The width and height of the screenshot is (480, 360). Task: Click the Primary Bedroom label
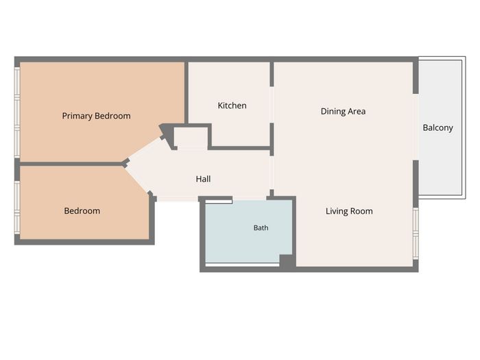click(x=96, y=116)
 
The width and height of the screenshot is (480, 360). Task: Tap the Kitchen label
click(x=232, y=106)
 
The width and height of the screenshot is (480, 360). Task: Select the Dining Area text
click(x=343, y=111)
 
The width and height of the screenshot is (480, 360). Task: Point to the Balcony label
click(x=437, y=128)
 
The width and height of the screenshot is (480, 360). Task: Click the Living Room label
click(x=349, y=211)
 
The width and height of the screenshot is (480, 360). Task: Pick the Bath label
click(x=261, y=228)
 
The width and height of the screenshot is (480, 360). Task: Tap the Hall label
click(x=203, y=179)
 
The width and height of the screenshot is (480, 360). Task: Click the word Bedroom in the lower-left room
click(x=82, y=211)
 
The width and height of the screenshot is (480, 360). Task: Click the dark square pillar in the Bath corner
click(x=287, y=262)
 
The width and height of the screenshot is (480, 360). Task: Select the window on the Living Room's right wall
click(x=416, y=233)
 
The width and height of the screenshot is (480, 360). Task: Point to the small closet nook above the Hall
click(x=191, y=138)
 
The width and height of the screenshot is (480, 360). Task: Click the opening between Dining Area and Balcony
click(x=416, y=127)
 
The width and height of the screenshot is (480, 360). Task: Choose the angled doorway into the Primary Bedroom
click(x=145, y=149)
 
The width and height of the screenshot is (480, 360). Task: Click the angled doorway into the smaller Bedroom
click(x=137, y=180)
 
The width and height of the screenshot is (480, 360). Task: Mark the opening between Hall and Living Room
click(x=272, y=173)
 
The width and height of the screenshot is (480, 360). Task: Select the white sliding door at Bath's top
click(x=219, y=201)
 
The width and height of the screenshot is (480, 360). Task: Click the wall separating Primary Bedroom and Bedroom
click(x=71, y=164)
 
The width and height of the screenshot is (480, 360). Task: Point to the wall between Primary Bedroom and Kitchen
click(x=186, y=93)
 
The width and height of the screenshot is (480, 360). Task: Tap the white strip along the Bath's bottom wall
click(x=243, y=265)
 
